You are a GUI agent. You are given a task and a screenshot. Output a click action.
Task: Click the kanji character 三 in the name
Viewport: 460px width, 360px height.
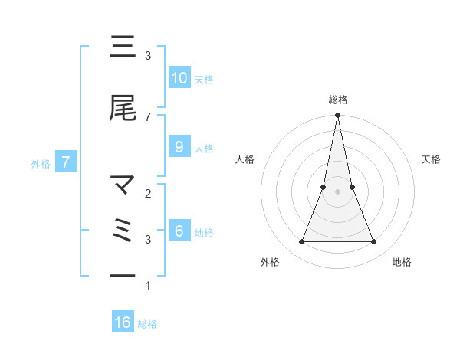pyautogui.click(x=123, y=47)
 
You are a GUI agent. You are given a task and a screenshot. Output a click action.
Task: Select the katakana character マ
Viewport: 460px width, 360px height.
pyautogui.click(x=123, y=185)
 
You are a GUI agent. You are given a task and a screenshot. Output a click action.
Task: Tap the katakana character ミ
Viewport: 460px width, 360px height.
pyautogui.click(x=123, y=231)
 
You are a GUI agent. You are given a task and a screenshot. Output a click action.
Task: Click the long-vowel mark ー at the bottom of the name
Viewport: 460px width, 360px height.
pyautogui.click(x=123, y=276)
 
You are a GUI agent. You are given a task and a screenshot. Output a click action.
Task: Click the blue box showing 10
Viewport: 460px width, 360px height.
pyautogui.click(x=179, y=78)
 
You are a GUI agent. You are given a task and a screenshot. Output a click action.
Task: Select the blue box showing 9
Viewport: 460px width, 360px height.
pyautogui.click(x=179, y=147)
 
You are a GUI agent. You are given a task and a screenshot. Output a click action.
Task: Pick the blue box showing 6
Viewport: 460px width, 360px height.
pyautogui.click(x=179, y=231)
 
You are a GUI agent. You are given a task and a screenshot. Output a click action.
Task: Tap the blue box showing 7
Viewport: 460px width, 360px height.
pyautogui.click(x=66, y=162)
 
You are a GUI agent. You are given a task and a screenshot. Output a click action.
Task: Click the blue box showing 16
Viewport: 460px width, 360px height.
pyautogui.click(x=123, y=322)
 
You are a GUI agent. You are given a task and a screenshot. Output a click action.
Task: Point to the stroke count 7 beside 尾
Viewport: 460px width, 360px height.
pyautogui.click(x=148, y=116)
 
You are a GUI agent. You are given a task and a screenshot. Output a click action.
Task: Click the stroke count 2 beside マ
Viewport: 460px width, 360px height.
pyautogui.click(x=148, y=193)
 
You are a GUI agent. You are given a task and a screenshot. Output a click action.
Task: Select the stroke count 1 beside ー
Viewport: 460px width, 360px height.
pyautogui.click(x=148, y=286)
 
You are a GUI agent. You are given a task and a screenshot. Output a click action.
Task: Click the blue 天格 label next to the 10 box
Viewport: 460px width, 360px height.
pyautogui.click(x=204, y=79)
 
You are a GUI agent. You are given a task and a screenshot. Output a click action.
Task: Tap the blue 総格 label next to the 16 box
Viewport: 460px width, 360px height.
pyautogui.click(x=147, y=323)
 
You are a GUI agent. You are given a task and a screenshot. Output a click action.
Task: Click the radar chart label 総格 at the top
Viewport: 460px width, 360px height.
pyautogui.click(x=337, y=100)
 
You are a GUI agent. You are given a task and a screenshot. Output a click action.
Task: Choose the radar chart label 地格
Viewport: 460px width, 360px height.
pyautogui.click(x=402, y=262)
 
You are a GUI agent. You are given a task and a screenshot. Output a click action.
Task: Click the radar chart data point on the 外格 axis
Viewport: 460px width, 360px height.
pyautogui.click(x=301, y=242)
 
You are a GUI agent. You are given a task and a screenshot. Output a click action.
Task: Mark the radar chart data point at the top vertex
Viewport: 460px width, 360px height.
pyautogui.click(x=337, y=116)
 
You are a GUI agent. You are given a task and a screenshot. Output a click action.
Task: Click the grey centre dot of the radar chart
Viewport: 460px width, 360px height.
pyautogui.click(x=337, y=191)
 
